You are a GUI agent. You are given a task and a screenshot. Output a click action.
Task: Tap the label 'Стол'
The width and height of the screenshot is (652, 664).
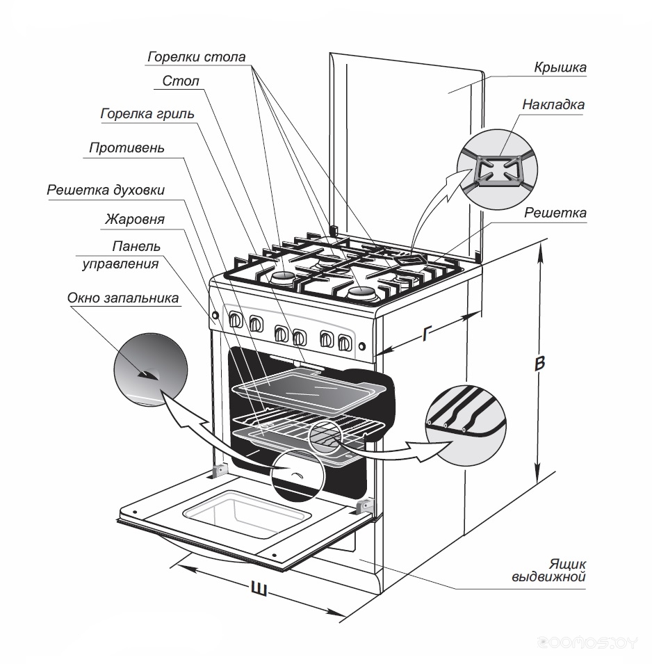(x=181, y=81)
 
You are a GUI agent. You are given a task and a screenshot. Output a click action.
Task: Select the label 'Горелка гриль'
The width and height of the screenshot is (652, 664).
(x=147, y=113)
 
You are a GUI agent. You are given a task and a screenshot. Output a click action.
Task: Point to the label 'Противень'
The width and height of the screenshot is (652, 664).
(x=127, y=147)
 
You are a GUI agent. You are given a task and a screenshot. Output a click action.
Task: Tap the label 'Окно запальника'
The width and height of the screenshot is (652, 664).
(x=123, y=298)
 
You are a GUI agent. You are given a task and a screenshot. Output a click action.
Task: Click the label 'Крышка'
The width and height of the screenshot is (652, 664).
(x=560, y=67)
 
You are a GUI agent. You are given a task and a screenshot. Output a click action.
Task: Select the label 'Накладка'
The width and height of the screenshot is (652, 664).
(x=553, y=105)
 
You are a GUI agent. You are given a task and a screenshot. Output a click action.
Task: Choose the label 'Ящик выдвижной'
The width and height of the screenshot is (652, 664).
(x=549, y=569)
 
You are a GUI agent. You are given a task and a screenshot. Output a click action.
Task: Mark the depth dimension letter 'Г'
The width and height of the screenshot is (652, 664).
(x=427, y=334)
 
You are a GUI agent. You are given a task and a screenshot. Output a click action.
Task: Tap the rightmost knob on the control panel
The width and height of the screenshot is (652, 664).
(x=343, y=342)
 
